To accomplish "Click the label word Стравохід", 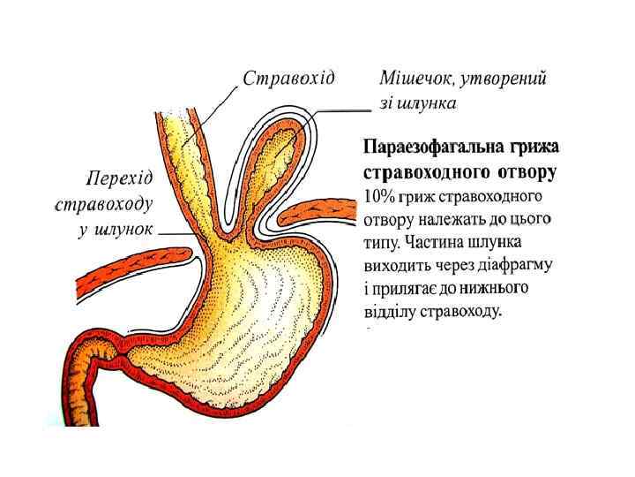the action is (288, 78).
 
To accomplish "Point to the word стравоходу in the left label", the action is (104, 204).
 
